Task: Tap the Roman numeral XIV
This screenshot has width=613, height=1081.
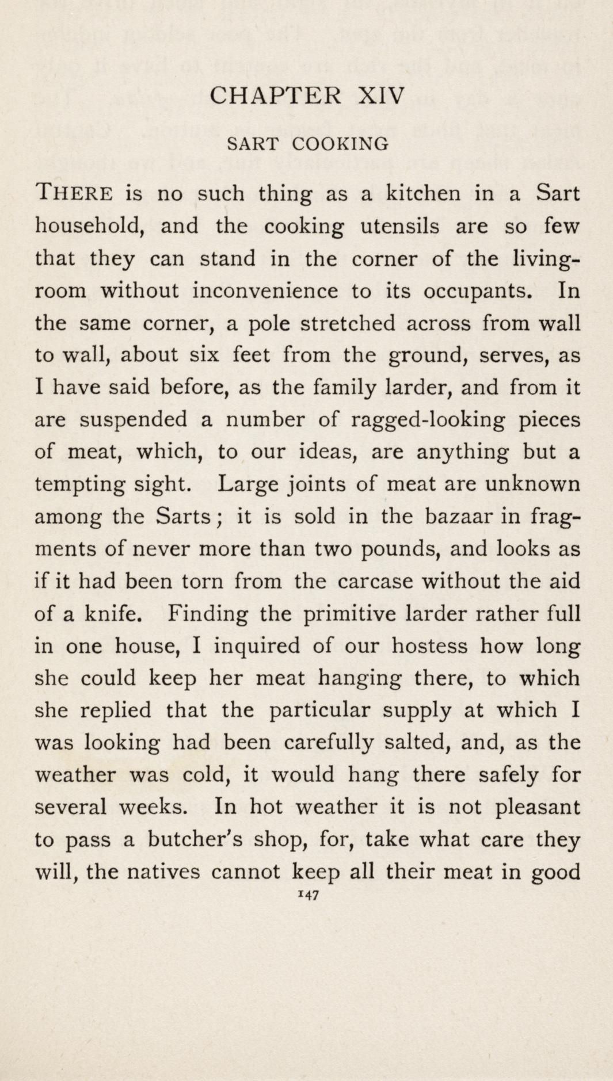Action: point(382,95)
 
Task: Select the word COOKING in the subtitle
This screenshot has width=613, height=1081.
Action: point(340,143)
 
